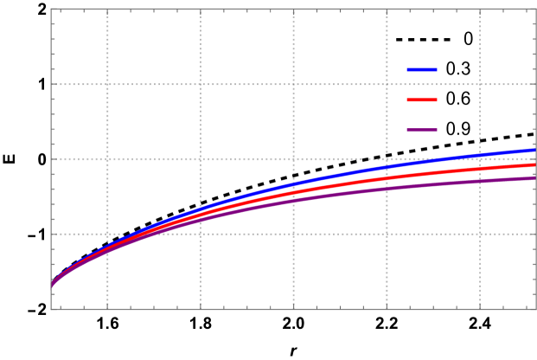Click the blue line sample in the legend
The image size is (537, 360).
[x=422, y=69]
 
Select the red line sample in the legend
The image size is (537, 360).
[x=422, y=100]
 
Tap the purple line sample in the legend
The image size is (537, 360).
[x=422, y=130]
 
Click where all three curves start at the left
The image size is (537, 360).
[x=52, y=285]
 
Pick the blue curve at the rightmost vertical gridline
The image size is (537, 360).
[x=480, y=155]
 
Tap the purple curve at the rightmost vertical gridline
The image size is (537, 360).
[x=480, y=182]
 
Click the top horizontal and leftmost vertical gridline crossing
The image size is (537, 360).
[x=107, y=84]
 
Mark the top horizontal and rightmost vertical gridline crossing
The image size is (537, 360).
[x=480, y=84]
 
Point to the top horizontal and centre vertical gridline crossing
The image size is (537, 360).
[x=294, y=84]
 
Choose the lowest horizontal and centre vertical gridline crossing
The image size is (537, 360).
[x=294, y=234]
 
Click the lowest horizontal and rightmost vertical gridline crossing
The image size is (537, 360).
[x=480, y=234]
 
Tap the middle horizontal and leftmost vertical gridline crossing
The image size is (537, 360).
[x=107, y=159]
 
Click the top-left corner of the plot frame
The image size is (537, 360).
[x=51, y=9]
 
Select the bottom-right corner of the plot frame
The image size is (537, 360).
[x=536, y=309]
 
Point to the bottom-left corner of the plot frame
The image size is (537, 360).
[x=51, y=309]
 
